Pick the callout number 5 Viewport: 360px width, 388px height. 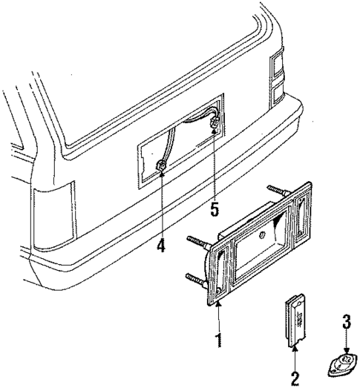(215, 209)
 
